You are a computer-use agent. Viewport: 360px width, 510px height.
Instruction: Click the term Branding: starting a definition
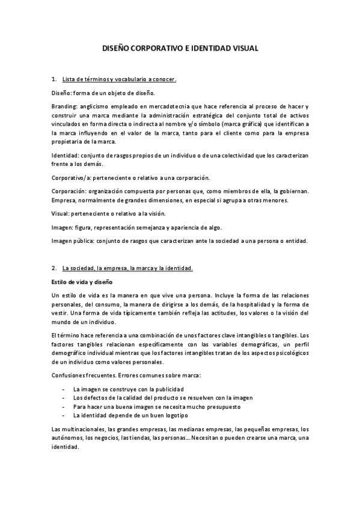[65, 105]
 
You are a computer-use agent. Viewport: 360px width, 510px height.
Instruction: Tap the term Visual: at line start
[61, 214]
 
